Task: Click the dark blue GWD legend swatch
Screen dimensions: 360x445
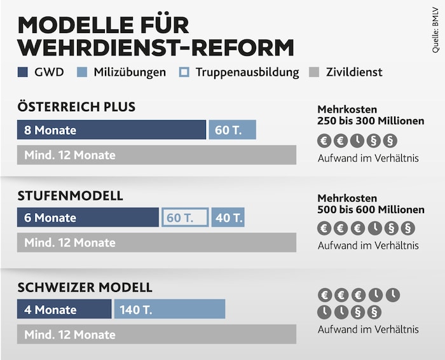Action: click(x=24, y=72)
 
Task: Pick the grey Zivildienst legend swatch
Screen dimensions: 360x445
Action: click(x=313, y=72)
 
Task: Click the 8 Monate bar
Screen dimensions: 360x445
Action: click(x=111, y=130)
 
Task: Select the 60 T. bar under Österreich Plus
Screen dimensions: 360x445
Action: click(x=232, y=130)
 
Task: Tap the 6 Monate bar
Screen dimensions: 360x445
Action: click(x=88, y=218)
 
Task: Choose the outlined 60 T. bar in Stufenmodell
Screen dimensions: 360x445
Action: click(x=184, y=218)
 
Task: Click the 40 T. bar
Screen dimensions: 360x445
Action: click(x=228, y=218)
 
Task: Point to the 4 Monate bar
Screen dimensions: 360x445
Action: click(x=64, y=310)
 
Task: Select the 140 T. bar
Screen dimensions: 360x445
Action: click(x=170, y=310)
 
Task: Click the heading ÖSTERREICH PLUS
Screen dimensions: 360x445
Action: click(x=76, y=107)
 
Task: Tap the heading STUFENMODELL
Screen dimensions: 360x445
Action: click(x=70, y=195)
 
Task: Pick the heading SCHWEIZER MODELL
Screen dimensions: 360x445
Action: click(x=85, y=287)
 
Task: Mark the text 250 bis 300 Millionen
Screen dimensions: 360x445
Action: click(x=371, y=121)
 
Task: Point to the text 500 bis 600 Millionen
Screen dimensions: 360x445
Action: click(x=371, y=209)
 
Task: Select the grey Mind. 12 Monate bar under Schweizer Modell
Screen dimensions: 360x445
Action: click(x=156, y=335)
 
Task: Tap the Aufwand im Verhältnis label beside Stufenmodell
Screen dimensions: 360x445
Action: click(x=368, y=246)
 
